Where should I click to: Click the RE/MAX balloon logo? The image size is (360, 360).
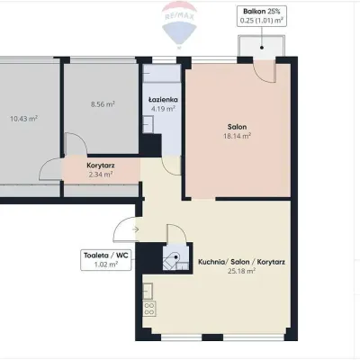pyautogui.click(x=179, y=24)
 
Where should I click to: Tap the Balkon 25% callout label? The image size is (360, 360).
pyautogui.click(x=262, y=16)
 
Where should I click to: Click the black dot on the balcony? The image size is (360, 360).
pyautogui.click(x=262, y=48)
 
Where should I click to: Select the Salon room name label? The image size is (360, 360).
pyautogui.click(x=237, y=127)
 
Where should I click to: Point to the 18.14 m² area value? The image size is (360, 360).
pyautogui.click(x=237, y=136)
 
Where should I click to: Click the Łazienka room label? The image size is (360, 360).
pyautogui.click(x=163, y=100)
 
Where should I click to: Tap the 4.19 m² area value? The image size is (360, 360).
pyautogui.click(x=163, y=108)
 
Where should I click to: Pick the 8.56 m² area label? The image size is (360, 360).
pyautogui.click(x=103, y=104)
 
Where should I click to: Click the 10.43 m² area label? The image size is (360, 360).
pyautogui.click(x=23, y=119)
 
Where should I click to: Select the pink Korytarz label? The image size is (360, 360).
pyautogui.click(x=101, y=166)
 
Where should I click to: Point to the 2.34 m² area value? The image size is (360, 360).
pyautogui.click(x=101, y=175)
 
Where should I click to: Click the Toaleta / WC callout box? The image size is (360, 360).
pyautogui.click(x=106, y=260)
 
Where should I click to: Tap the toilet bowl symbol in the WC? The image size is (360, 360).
pyautogui.click(x=173, y=258)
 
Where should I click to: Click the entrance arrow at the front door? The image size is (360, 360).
pyautogui.click(x=135, y=229)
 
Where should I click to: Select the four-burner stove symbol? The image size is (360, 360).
pyautogui.click(x=149, y=309)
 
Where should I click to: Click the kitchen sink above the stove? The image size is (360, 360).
pyautogui.click(x=148, y=291)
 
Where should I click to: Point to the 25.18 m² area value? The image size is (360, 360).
pyautogui.click(x=241, y=271)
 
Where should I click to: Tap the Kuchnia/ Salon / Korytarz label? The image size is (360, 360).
pyautogui.click(x=241, y=262)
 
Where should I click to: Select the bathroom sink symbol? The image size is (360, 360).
pyautogui.click(x=148, y=124)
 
